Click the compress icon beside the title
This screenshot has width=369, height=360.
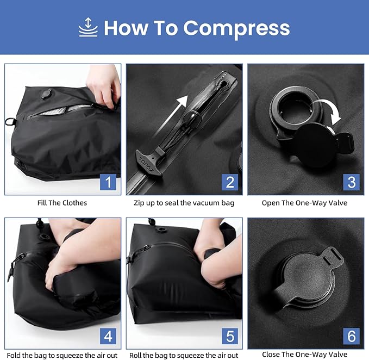click(x=88, y=27)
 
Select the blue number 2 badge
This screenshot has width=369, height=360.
click(x=230, y=182)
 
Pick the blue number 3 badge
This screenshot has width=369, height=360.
click(x=351, y=182)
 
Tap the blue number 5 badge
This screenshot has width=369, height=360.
click(x=230, y=336)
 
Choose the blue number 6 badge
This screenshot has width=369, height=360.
click(x=351, y=336)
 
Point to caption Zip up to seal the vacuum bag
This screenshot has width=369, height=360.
click(x=184, y=203)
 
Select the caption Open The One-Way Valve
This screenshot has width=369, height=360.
click(x=305, y=203)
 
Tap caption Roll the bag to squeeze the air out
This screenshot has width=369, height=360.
click(x=184, y=355)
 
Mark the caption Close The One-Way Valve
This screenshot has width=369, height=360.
click(x=305, y=355)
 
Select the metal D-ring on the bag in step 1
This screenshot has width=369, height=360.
click(x=9, y=120)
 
